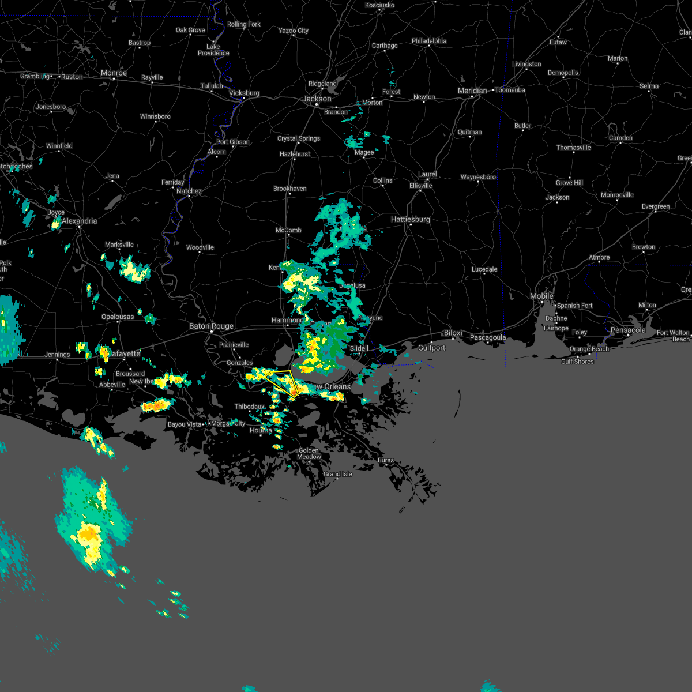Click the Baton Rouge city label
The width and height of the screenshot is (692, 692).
point(212,326)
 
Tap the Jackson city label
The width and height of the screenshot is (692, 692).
point(317,99)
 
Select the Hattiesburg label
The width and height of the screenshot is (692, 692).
point(411,219)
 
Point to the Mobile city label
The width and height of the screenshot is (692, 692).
point(541,296)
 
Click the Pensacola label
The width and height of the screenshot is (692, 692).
point(628,330)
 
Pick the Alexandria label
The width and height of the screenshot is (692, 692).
point(80,221)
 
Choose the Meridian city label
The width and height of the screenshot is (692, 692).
point(472,91)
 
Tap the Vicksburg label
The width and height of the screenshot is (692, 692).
point(244,93)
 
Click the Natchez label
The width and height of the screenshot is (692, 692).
point(189,191)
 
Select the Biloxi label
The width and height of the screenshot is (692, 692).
point(453,333)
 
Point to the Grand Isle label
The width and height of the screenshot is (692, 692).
point(338,474)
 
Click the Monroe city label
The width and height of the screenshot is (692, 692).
point(114,73)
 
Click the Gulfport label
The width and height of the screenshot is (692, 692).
point(431,348)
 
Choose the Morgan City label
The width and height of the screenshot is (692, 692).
point(228,424)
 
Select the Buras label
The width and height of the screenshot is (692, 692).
point(386,460)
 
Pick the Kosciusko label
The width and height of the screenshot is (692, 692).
point(379,5)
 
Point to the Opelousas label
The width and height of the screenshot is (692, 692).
point(118,317)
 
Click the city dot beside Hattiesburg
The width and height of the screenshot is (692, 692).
point(411,225)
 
